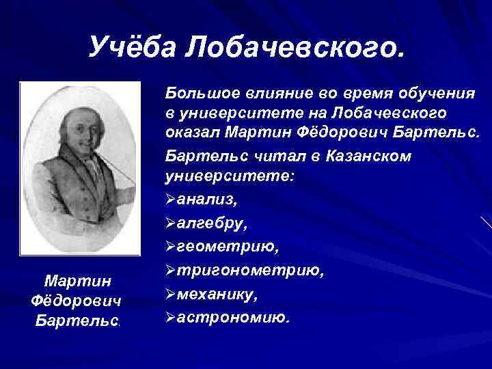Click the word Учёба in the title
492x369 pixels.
[133, 46]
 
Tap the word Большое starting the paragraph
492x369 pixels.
[199, 92]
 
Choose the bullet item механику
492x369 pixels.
[217, 295]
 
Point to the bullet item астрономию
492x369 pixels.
[232, 318]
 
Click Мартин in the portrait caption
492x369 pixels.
[77, 281]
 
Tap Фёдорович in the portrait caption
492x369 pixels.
[77, 301]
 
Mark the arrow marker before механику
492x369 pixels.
[170, 295]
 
